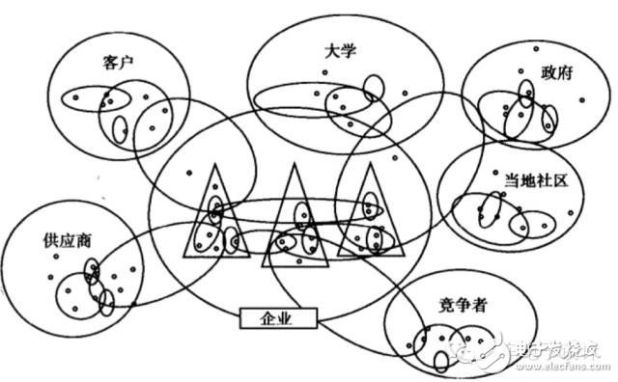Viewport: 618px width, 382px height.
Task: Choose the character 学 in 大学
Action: tap(351, 50)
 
